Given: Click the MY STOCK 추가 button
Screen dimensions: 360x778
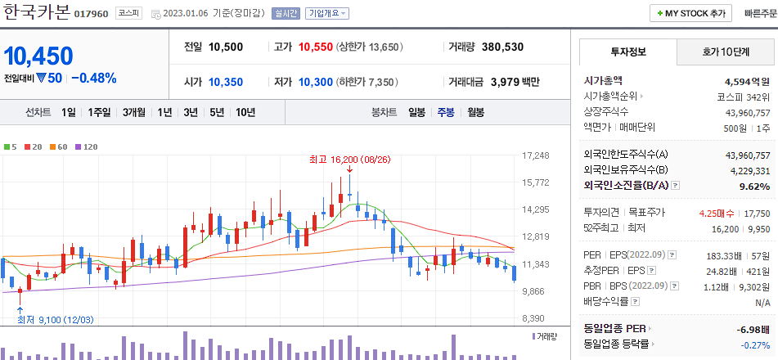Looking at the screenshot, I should pos(690,14).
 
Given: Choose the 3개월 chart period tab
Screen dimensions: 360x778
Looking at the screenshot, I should pos(133,113).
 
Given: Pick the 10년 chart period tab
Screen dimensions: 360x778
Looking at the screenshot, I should pos(245,113).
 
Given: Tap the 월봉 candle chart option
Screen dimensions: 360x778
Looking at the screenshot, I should pos(475,113).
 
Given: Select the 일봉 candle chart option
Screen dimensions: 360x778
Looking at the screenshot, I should pos(416,113).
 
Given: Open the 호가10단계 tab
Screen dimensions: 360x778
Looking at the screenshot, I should pos(726,52).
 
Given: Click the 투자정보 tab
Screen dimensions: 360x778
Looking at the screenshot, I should pos(627,52).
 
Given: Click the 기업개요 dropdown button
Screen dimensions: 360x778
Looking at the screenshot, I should pos(327,14).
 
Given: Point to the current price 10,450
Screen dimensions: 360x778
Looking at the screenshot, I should pos(39,56).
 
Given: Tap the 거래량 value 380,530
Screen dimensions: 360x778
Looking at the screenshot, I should pos(502,47).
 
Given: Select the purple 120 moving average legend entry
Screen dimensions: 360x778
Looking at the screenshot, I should pos(86,146).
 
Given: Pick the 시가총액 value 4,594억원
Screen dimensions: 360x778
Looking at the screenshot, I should pos(747,82).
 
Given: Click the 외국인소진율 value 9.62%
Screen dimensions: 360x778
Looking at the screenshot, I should pos(758,187).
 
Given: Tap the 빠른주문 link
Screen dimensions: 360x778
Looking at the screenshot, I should pos(761,14).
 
